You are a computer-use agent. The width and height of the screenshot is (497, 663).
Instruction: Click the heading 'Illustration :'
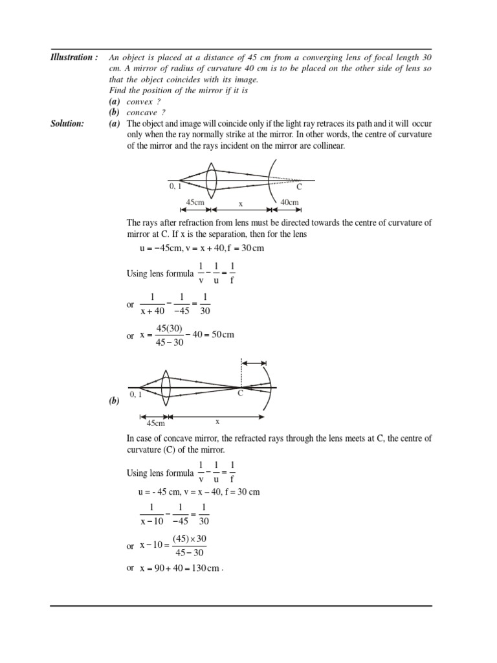(x=74, y=58)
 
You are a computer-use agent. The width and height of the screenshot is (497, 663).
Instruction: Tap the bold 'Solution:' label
(x=67, y=123)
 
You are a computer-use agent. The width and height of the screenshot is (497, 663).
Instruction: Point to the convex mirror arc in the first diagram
(x=272, y=181)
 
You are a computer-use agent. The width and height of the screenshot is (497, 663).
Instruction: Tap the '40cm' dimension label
(x=289, y=203)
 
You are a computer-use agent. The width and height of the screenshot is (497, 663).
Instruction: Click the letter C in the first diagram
(x=298, y=188)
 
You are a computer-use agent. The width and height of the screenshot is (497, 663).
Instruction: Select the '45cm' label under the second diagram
(x=156, y=423)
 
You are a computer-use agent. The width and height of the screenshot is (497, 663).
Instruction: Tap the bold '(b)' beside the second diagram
(x=115, y=401)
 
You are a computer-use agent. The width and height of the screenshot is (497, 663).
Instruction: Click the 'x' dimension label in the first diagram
(x=240, y=203)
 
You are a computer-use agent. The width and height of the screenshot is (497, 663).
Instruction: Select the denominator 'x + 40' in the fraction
(x=152, y=311)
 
